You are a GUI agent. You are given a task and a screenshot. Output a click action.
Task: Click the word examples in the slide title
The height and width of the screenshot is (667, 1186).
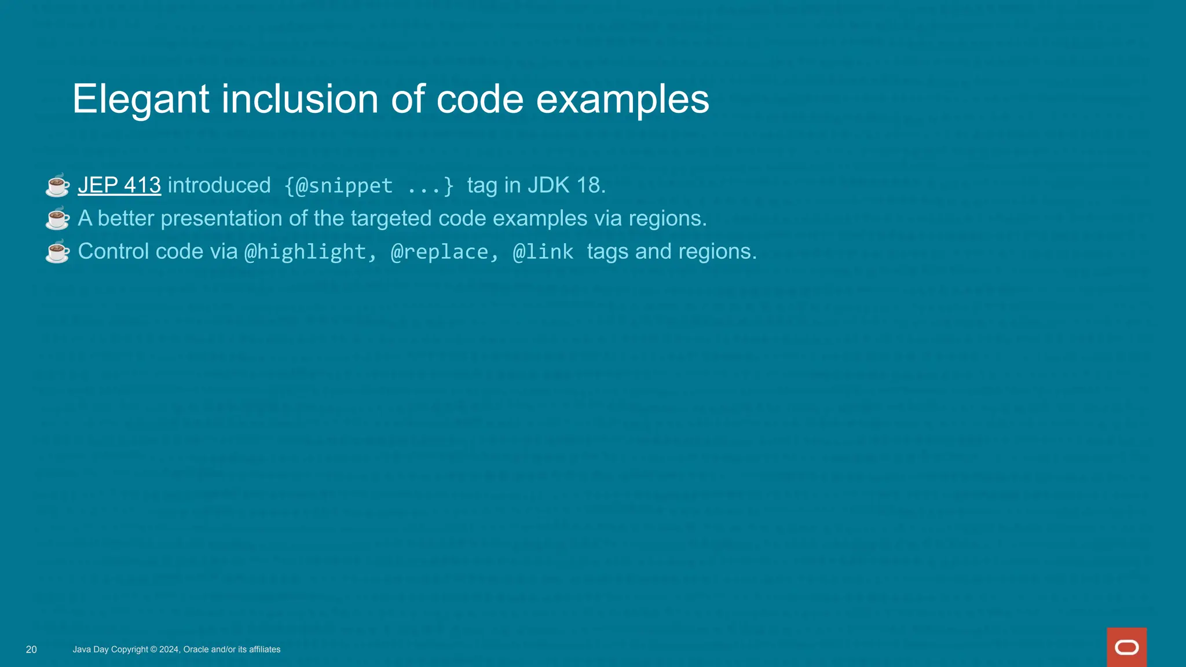622,99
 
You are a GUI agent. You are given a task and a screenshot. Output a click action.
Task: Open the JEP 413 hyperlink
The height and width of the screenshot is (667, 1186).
119,185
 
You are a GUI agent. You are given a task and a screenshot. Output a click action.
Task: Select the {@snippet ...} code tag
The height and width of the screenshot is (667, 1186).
369,186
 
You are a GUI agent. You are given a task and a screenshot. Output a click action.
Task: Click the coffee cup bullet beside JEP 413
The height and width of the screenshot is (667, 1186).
57,186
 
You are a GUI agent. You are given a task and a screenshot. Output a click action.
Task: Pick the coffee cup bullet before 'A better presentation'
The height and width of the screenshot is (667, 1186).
57,219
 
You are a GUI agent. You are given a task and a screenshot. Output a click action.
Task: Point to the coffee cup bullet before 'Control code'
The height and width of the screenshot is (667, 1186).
57,252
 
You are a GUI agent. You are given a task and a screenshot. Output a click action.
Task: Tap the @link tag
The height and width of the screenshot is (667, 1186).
543,252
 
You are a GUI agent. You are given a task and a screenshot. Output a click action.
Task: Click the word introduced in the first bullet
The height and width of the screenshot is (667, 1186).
219,185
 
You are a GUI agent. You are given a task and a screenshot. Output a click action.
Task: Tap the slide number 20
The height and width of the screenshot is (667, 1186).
31,650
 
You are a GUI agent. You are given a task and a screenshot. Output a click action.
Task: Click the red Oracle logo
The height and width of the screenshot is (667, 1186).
1126,647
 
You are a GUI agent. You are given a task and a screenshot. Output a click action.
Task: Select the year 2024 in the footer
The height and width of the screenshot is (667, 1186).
169,650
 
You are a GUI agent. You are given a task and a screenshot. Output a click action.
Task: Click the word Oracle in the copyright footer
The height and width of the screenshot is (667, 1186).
196,650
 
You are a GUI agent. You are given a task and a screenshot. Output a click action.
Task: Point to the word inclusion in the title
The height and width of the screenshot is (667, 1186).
299,99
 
